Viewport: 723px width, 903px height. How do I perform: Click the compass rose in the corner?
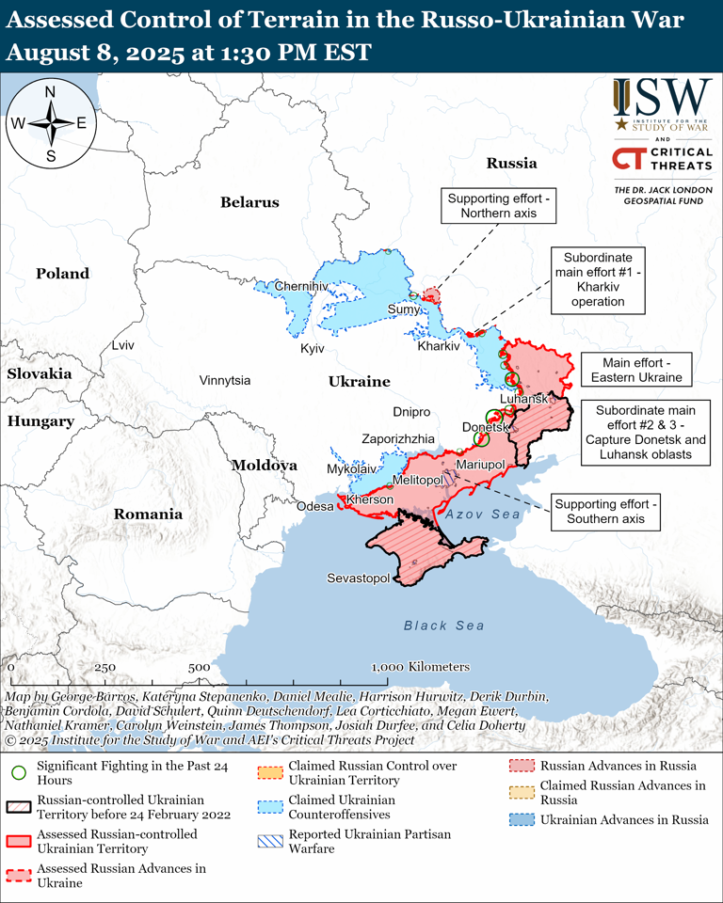[51, 122]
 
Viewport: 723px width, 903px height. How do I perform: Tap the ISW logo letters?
[663, 96]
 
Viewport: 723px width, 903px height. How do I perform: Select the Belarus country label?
[249, 202]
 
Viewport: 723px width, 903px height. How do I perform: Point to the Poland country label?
[62, 274]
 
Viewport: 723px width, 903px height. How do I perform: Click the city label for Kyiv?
[312, 349]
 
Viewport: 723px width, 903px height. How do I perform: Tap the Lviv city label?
[122, 345]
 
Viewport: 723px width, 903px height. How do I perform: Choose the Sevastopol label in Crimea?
[358, 578]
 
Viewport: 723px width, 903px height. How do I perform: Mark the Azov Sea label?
[483, 515]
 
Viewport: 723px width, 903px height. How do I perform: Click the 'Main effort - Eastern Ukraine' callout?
[635, 370]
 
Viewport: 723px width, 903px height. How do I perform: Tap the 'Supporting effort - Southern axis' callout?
[605, 511]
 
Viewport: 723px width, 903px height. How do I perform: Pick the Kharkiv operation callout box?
[598, 279]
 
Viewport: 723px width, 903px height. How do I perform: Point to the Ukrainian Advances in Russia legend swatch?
[522, 819]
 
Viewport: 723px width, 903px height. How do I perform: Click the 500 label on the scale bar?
[199, 667]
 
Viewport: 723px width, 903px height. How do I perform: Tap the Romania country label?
[148, 515]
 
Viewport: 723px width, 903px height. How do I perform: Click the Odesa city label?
[314, 506]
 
